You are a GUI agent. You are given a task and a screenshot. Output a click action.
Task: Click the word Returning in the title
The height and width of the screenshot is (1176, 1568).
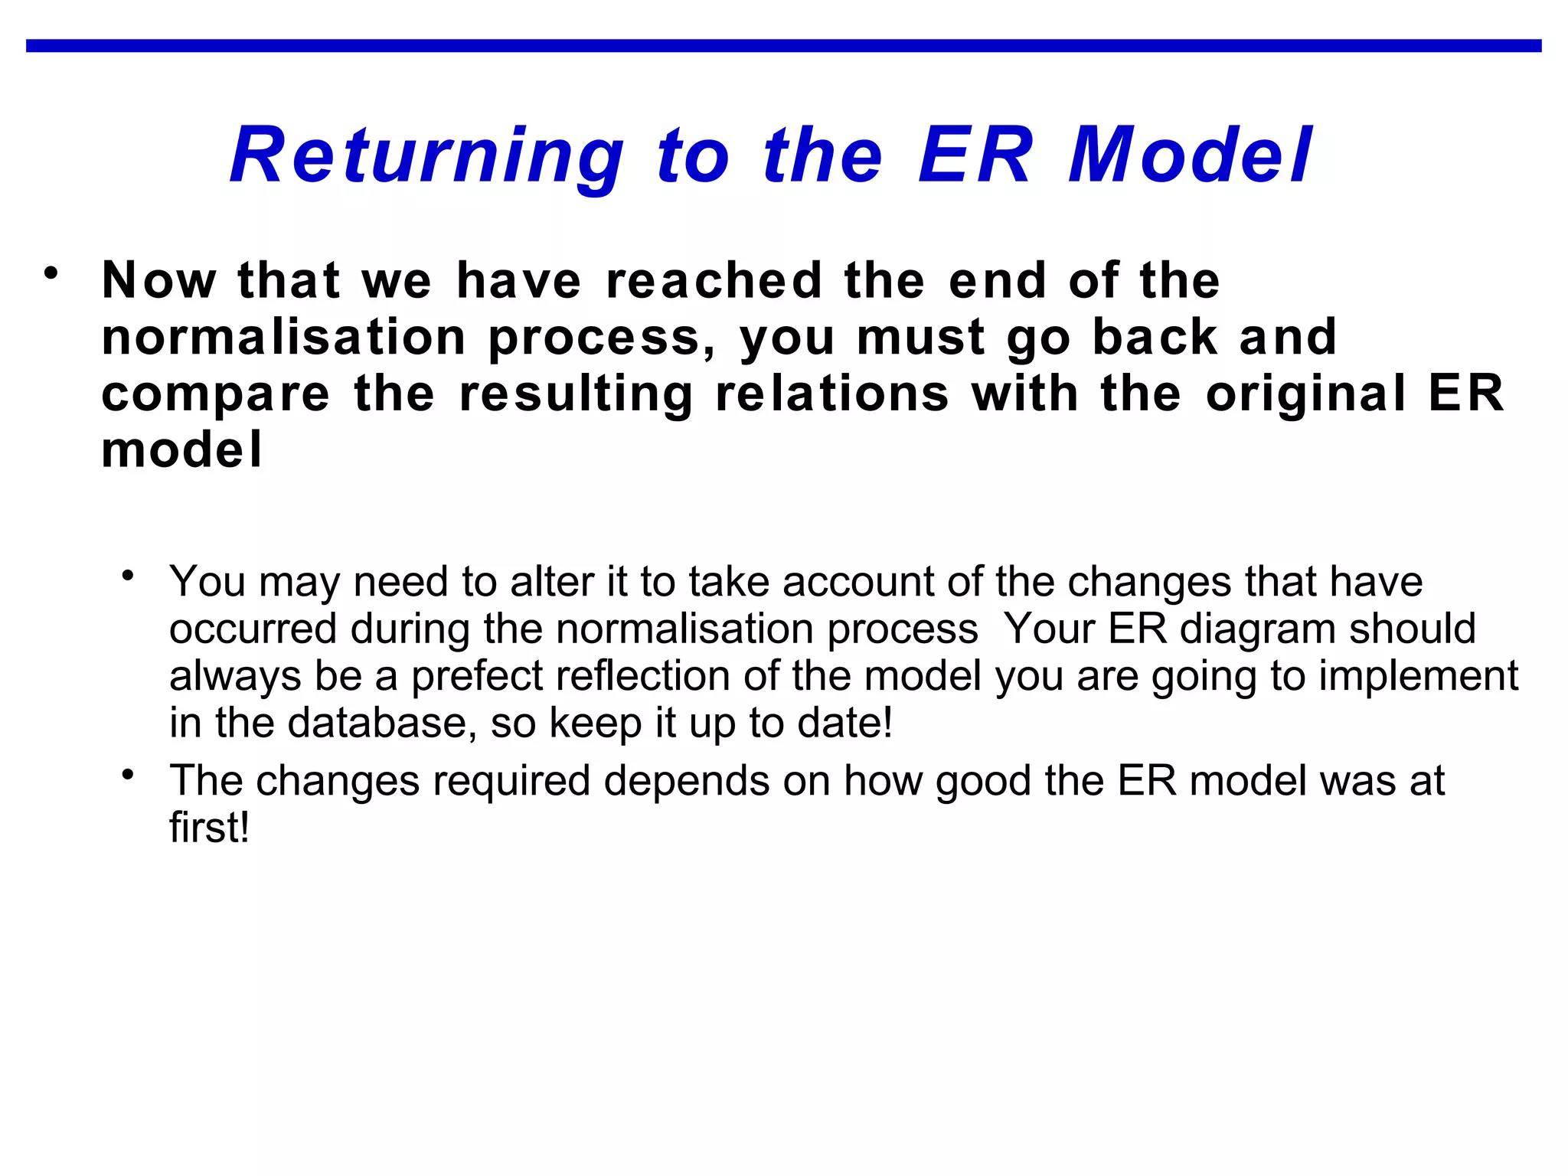coord(426,156)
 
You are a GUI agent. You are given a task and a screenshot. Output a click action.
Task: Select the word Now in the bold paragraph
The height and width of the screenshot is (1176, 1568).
coord(159,280)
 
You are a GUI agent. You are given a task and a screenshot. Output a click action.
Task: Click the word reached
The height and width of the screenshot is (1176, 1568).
coord(714,280)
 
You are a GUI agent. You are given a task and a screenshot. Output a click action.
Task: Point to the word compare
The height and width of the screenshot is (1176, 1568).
coord(216,395)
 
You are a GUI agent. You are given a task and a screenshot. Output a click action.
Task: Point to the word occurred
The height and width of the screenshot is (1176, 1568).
coord(253,629)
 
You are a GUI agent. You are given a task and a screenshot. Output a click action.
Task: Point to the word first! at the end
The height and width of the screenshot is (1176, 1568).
coord(209,828)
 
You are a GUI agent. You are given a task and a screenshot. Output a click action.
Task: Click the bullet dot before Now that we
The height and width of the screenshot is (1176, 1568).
coord(51,272)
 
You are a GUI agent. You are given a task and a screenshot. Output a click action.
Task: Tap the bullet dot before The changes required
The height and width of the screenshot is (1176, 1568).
coord(128,775)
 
